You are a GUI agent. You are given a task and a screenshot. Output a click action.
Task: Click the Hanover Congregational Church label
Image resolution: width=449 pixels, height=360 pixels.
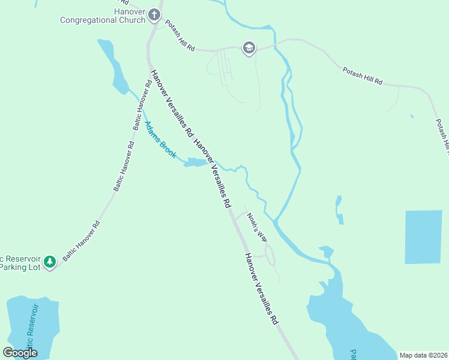pyautogui.click(x=102, y=16)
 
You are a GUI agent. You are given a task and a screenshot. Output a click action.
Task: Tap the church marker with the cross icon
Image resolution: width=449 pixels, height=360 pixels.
pyautogui.click(x=154, y=14)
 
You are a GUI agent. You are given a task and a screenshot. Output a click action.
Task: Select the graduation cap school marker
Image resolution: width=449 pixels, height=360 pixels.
pyautogui.click(x=249, y=48)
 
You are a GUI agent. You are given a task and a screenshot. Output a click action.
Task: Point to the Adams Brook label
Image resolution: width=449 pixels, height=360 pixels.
pyautogui.click(x=160, y=140)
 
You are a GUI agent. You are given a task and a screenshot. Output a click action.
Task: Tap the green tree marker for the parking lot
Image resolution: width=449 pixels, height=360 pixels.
pyautogui.click(x=50, y=262)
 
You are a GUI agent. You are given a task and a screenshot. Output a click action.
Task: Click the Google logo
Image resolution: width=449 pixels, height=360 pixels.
pyautogui.click(x=20, y=353)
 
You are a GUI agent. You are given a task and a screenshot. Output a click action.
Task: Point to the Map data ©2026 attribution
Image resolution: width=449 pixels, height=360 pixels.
pyautogui.click(x=423, y=355)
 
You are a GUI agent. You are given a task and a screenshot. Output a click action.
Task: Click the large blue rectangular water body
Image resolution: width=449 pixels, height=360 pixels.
pyautogui.click(x=426, y=237)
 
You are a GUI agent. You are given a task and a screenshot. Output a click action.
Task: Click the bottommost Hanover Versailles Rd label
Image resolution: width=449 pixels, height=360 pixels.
pyautogui.click(x=262, y=289)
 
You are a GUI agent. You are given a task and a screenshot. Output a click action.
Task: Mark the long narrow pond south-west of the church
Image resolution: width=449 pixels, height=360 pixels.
pyautogui.click(x=114, y=66)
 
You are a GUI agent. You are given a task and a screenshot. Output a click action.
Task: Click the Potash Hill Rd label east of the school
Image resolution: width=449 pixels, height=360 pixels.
pyautogui.click(x=363, y=76)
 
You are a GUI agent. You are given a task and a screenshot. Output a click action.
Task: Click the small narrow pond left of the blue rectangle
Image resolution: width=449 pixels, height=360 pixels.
pyautogui.click(x=339, y=209)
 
